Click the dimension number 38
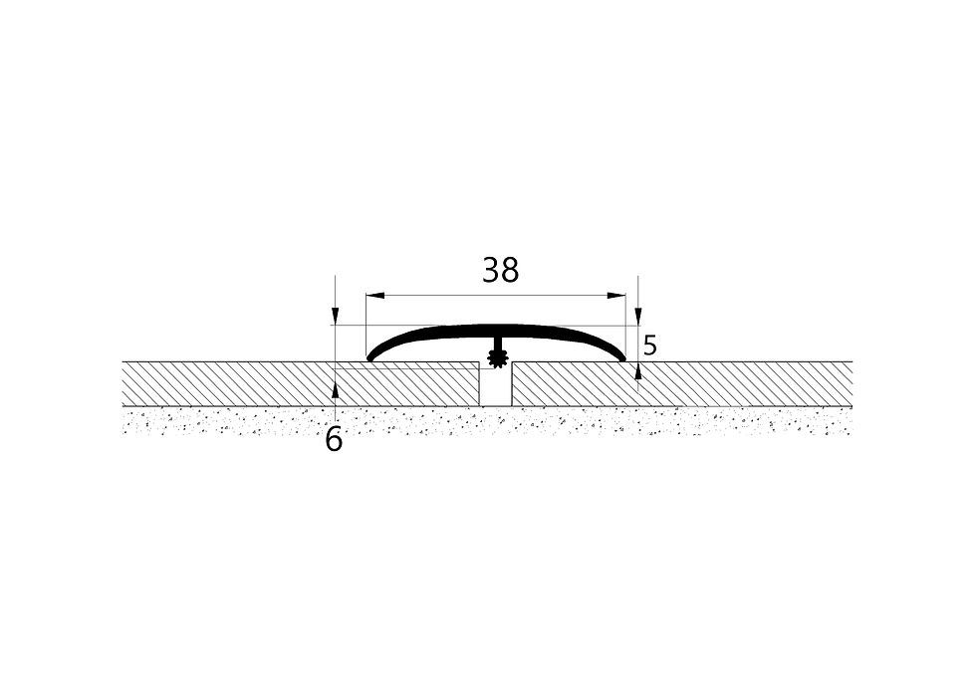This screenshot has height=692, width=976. point(500,271)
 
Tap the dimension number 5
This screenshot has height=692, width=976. point(649,346)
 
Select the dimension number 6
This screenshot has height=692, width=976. point(334,440)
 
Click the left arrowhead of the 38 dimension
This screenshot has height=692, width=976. point(374,296)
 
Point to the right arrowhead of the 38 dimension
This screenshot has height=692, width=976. point(616,296)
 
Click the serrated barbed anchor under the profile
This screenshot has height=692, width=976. point(497,359)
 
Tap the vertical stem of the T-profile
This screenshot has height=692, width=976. point(497,344)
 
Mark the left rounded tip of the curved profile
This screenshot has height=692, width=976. point(370,357)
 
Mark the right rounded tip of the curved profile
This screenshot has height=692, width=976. point(621,357)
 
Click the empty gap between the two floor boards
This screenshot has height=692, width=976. point(496,387)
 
